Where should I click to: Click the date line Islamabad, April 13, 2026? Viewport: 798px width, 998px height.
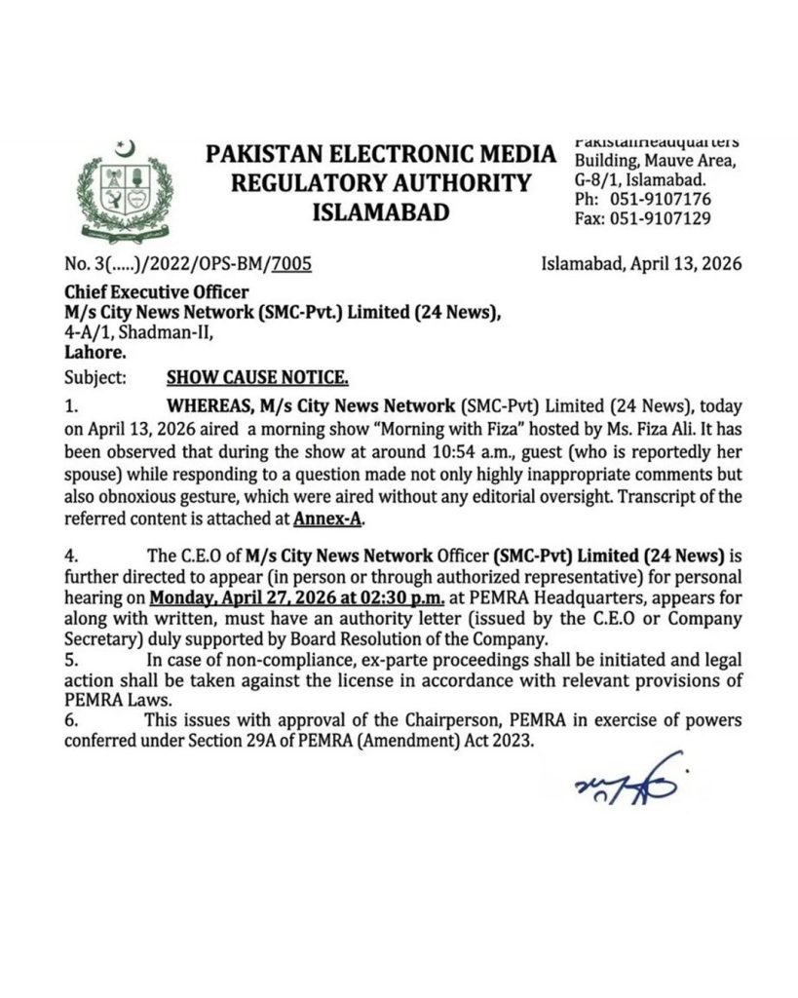(641, 264)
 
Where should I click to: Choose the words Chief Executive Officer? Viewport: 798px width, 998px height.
(156, 291)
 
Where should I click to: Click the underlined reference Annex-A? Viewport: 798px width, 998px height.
(328, 520)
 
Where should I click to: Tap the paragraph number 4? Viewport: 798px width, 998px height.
(70, 557)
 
